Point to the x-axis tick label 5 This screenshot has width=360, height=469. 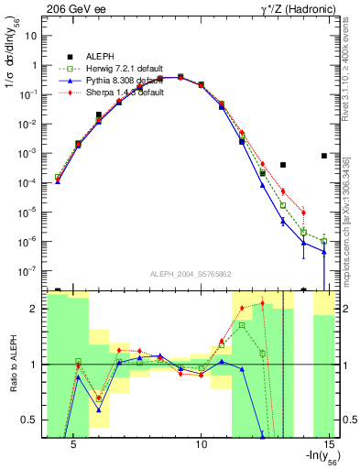[x=74, y=442]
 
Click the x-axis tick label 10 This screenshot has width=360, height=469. [x=203, y=442]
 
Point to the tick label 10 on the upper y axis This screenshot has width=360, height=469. [x=30, y=35]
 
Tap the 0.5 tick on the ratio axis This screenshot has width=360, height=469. [x=29, y=420]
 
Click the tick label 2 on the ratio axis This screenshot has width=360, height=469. [x=33, y=309]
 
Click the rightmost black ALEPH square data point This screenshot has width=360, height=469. [x=324, y=156]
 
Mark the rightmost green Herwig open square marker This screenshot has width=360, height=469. [x=324, y=241]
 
